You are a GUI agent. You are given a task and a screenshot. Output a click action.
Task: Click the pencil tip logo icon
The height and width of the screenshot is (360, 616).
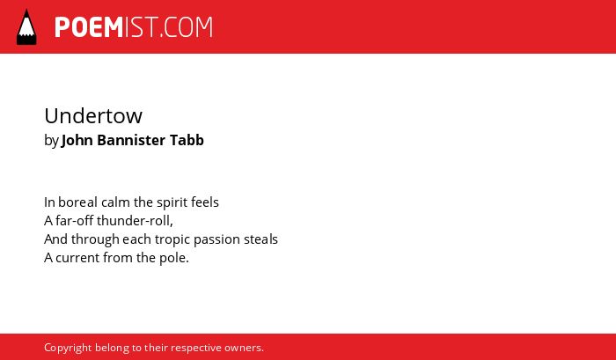coord(26,27)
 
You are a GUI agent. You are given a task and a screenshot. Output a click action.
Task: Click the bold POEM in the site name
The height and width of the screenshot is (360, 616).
coord(89,27)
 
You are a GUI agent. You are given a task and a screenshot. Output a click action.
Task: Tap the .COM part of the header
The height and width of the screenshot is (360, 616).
coord(187,27)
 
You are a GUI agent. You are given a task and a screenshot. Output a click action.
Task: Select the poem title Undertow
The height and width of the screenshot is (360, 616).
coord(93,116)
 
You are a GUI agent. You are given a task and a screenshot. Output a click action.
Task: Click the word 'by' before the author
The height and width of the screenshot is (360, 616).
coord(51,141)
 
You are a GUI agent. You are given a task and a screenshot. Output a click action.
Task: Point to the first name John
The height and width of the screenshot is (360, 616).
coord(77,140)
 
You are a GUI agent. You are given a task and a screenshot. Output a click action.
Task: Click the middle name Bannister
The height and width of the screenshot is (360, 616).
coord(131,140)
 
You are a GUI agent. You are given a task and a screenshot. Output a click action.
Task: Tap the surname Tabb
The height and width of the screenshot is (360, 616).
coord(187,140)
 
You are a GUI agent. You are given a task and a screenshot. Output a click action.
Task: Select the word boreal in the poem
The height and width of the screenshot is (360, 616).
coord(77,202)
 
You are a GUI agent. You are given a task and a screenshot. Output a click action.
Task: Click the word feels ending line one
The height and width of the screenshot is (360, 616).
coord(205,202)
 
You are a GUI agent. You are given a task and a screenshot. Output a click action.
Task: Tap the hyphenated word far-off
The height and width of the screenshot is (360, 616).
coord(74,220)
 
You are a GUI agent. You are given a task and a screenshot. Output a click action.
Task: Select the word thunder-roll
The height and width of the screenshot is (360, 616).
coord(135,221)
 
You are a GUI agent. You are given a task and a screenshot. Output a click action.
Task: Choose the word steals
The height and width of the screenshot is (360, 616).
coord(260,239)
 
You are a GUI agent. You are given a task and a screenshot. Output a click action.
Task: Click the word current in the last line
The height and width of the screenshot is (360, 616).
coord(77,258)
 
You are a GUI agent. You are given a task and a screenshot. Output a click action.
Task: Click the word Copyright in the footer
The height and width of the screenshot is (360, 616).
coord(68,349)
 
